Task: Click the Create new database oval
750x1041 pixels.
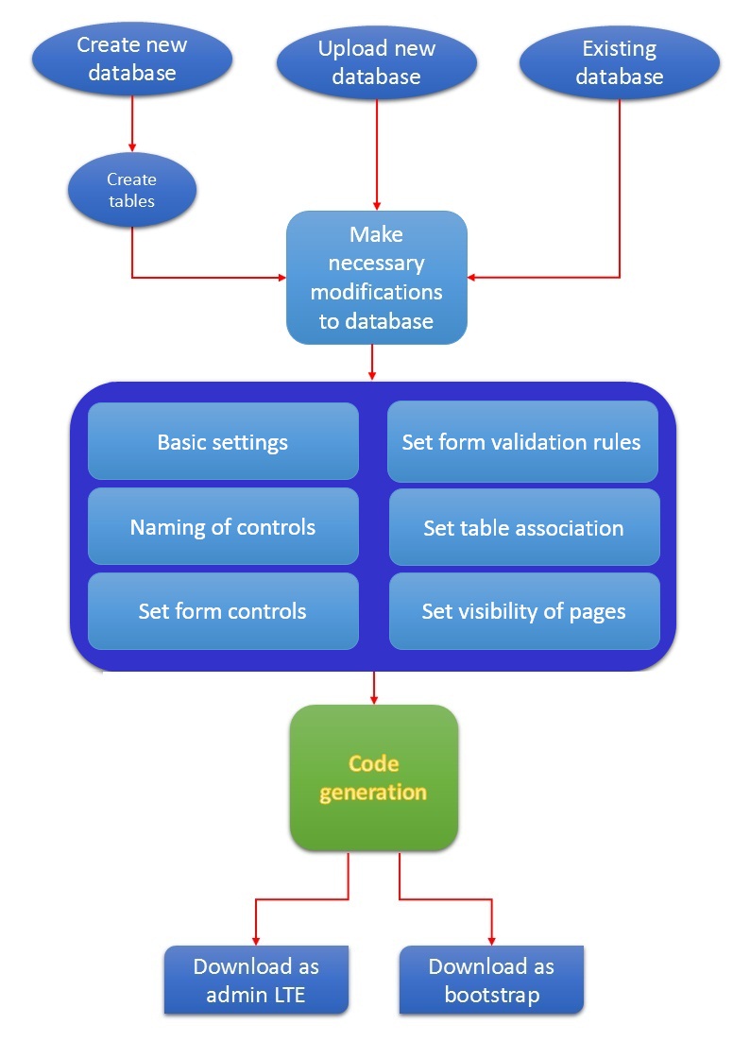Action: (132, 59)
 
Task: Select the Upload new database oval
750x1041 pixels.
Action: (377, 62)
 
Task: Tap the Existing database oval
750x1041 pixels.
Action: (620, 62)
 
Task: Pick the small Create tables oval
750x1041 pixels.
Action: (131, 190)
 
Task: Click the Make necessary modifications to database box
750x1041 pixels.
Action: (377, 277)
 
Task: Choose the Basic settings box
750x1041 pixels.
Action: (223, 441)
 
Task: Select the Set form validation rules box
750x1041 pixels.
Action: (522, 441)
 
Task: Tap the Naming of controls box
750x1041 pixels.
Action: (223, 526)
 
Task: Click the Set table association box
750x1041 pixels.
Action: (523, 527)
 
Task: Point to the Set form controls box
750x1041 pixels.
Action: (223, 611)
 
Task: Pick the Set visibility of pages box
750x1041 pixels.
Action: (523, 611)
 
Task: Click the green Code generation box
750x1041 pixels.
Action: (373, 776)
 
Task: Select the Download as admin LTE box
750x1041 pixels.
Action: (256, 980)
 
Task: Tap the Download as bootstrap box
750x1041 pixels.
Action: (491, 980)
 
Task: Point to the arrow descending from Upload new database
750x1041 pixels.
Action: (377, 151)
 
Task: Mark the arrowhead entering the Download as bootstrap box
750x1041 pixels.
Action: (491, 938)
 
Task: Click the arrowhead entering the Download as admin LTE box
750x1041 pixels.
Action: (256, 938)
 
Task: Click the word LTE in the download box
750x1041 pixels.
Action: (287, 994)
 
